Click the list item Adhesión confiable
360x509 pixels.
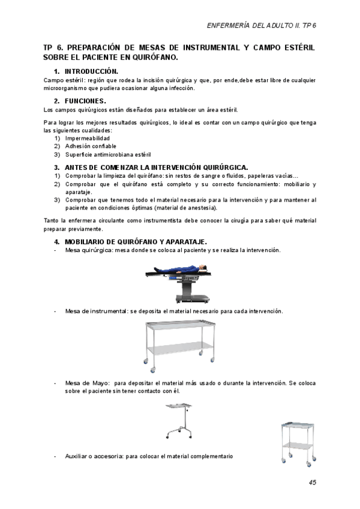pos(91,146)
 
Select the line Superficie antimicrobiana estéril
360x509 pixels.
pos(108,154)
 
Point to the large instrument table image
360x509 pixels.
pos(179,342)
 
